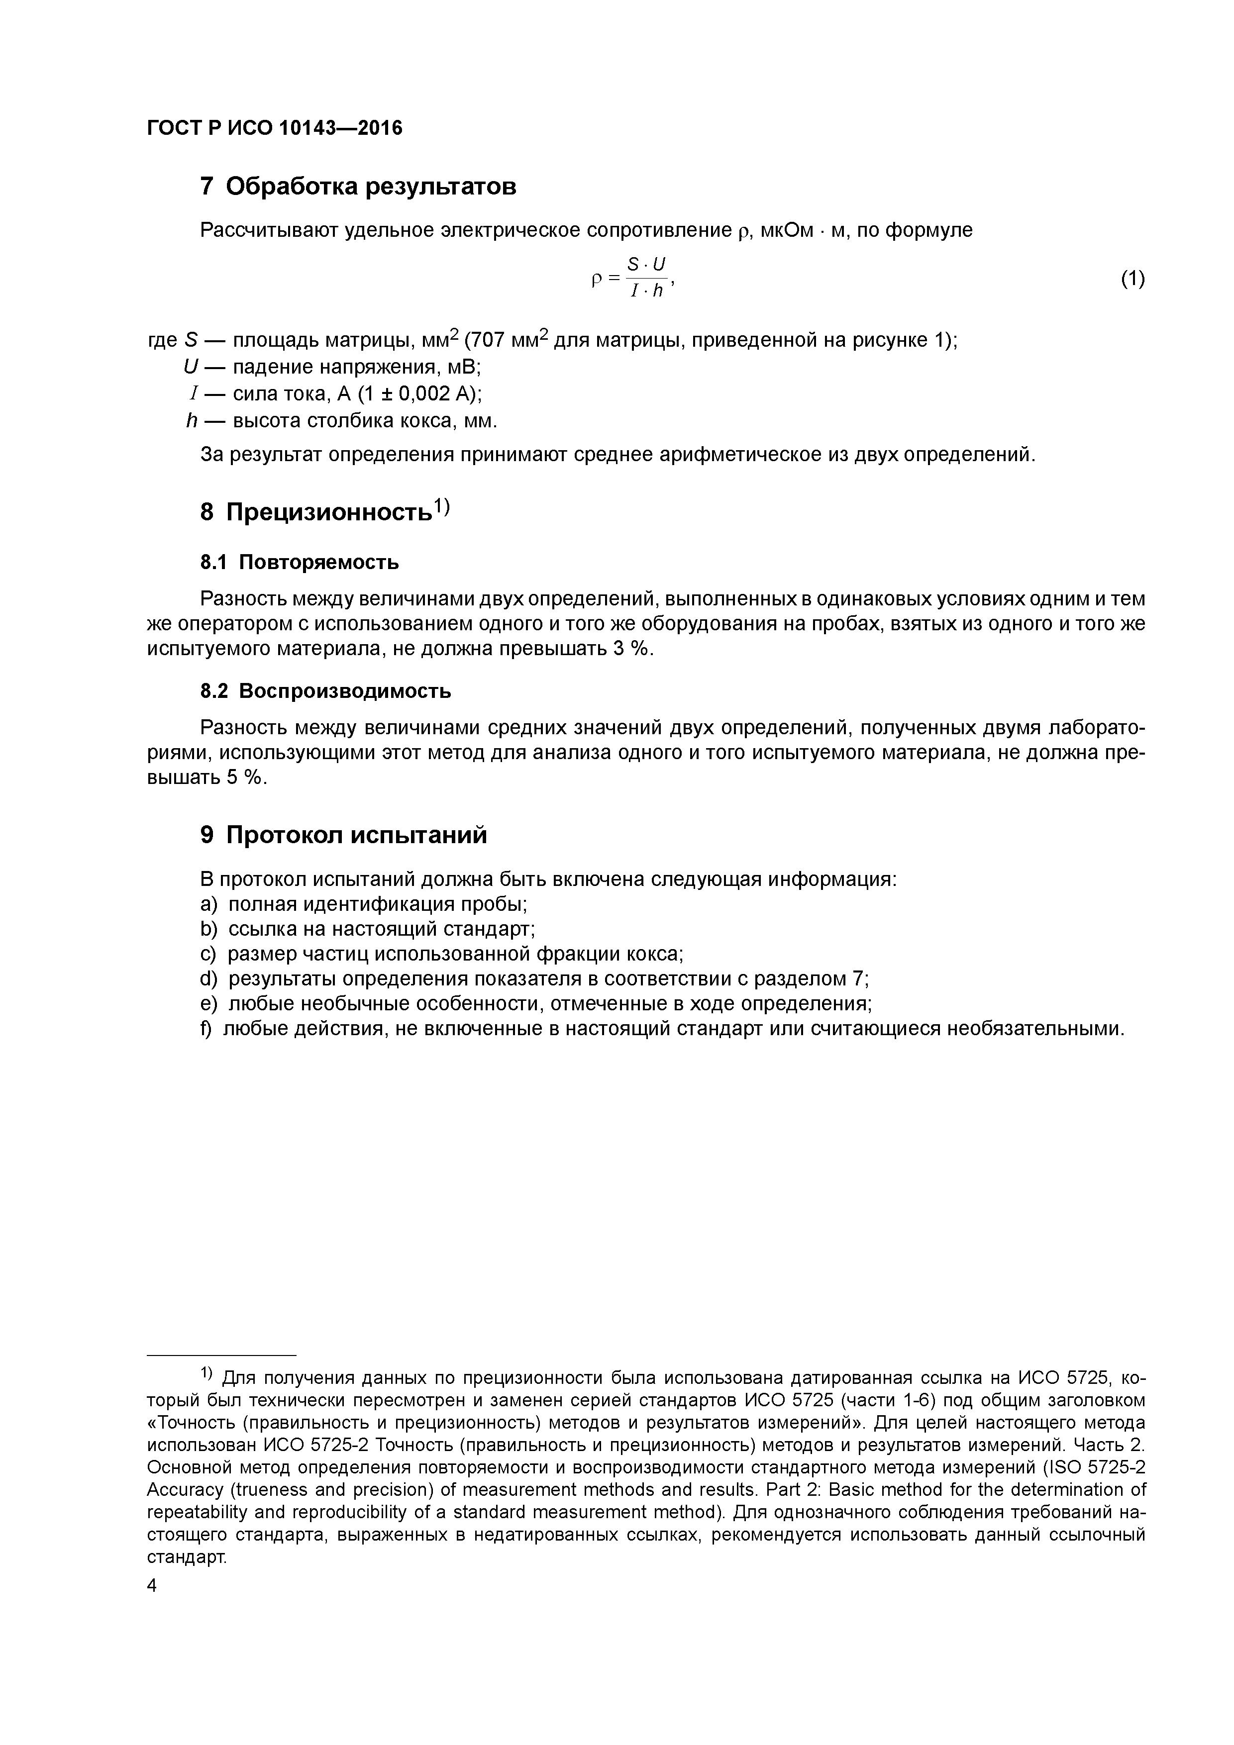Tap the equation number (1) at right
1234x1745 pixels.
(x=1132, y=279)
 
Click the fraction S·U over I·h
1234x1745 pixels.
(x=646, y=278)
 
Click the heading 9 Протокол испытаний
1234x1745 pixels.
(x=343, y=835)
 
